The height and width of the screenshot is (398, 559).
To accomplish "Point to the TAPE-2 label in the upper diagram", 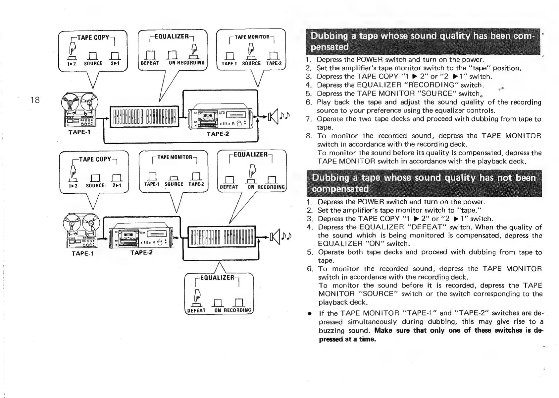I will coord(218,134).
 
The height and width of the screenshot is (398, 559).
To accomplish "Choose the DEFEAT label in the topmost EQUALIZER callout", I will coord(150,63).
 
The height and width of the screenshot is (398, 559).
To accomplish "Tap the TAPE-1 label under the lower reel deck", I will coord(83,254).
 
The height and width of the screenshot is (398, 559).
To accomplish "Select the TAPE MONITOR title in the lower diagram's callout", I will coord(175,157).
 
